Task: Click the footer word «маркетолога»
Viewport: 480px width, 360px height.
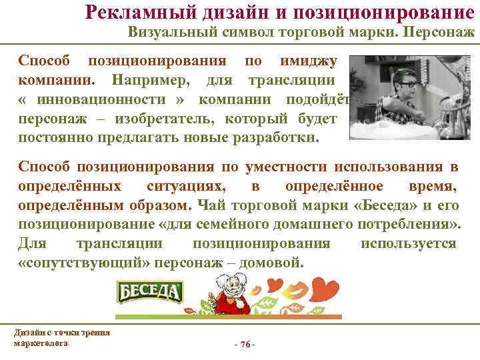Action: pos(40,342)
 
